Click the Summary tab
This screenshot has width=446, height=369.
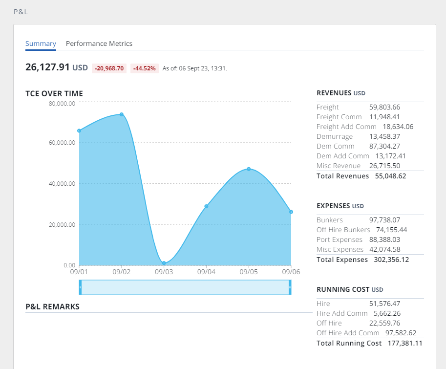[41, 43]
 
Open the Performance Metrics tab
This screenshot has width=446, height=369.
[99, 43]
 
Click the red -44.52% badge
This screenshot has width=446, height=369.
[145, 68]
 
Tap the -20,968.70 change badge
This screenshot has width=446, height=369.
[109, 68]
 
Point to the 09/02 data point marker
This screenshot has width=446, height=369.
[122, 114]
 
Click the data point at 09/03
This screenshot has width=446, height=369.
[164, 263]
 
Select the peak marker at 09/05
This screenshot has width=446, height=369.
[249, 169]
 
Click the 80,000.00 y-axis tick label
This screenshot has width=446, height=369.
[62, 104]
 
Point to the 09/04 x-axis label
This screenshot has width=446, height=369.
[206, 271]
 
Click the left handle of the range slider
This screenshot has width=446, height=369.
[80, 287]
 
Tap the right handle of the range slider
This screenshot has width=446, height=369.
[290, 287]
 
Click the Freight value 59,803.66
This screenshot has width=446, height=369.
[384, 107]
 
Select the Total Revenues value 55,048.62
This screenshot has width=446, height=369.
[390, 176]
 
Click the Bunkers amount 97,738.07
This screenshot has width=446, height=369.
[384, 220]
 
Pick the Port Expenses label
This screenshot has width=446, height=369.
[340, 239]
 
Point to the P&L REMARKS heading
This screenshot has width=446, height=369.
[52, 307]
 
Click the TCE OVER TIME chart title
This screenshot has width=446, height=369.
[54, 93]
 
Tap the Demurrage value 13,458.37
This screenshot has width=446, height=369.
[384, 136]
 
